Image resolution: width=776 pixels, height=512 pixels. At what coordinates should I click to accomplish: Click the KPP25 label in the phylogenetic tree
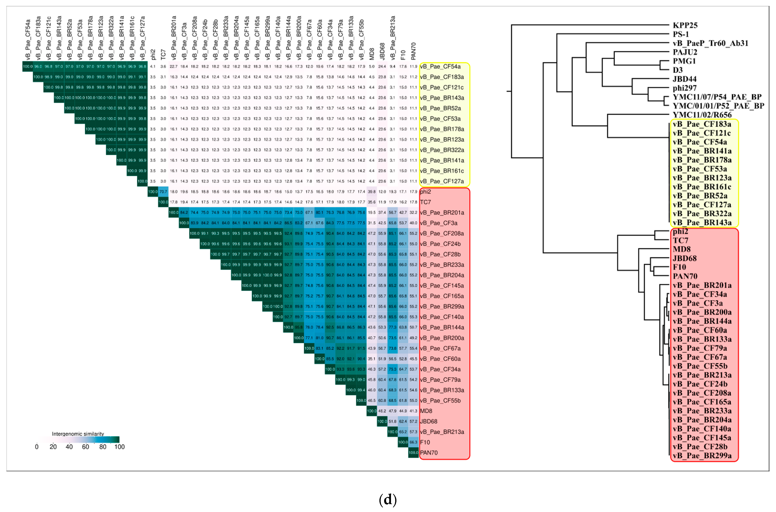tap(685, 25)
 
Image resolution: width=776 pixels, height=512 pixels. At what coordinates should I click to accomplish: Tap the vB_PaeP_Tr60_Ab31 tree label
tap(710, 43)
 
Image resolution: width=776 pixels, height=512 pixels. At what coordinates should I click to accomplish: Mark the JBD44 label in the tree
tap(685, 79)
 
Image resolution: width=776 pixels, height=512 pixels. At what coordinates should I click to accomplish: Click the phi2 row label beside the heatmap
tap(426, 192)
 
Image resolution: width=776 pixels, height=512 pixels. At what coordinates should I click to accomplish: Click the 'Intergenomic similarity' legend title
tap(78, 434)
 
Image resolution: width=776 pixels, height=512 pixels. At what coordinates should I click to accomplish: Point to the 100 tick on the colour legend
tap(120, 447)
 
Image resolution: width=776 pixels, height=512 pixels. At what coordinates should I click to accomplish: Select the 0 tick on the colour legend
tap(37, 447)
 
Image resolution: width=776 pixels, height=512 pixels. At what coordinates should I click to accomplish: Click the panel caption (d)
tap(388, 500)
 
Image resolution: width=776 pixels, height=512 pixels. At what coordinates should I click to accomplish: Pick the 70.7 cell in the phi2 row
tap(163, 192)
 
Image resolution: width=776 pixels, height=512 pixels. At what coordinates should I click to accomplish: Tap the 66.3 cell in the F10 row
tap(413, 442)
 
